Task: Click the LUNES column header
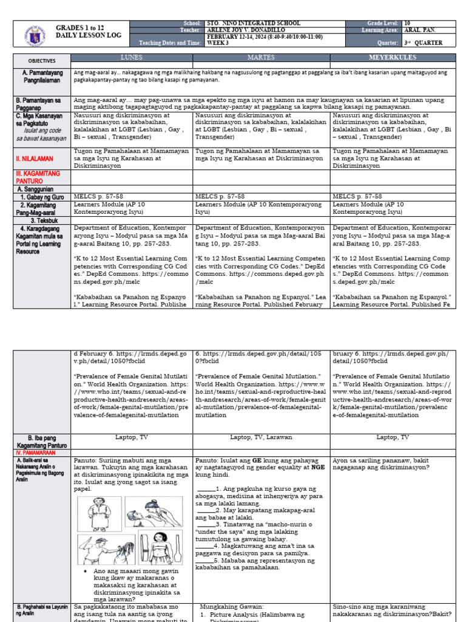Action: (x=132, y=57)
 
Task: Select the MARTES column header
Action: (x=261, y=57)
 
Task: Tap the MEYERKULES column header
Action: (x=393, y=57)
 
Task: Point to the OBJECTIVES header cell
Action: (x=42, y=61)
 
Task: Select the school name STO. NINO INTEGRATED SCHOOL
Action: (x=253, y=23)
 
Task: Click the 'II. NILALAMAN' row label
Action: (x=34, y=159)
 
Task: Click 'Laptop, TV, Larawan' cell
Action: (x=261, y=437)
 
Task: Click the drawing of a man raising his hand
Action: (x=102, y=549)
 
